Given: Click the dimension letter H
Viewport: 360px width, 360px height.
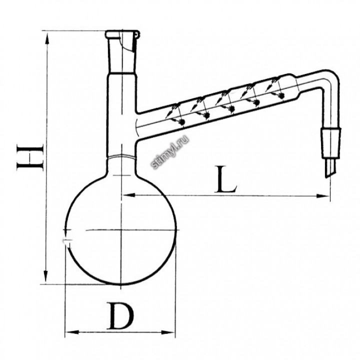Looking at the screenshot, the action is tap(30, 157).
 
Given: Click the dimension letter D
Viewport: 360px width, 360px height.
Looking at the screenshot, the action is tap(120, 315).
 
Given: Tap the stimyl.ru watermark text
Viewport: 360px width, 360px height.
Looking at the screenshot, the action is tap(170, 152).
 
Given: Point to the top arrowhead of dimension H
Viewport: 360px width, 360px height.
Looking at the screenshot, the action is tap(47, 38).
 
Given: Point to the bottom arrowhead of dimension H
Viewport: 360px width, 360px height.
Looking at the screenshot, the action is tap(46, 276).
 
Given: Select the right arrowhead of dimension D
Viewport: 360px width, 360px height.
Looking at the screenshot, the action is tap(168, 332).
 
